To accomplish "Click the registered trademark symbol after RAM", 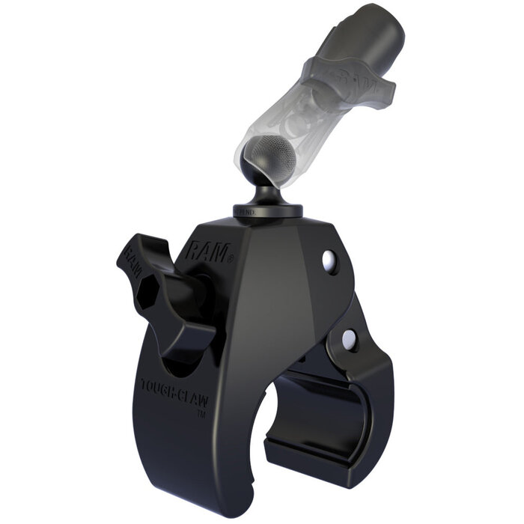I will pyautogui.click(x=231, y=258).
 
